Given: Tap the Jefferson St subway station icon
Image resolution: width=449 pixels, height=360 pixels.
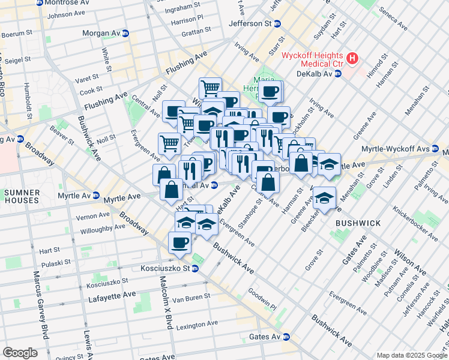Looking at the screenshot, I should click(x=277, y=24).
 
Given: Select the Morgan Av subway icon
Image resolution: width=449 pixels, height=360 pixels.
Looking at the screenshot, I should click(x=125, y=34).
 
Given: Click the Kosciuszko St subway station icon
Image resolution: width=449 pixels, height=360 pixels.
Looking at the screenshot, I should click(x=195, y=268).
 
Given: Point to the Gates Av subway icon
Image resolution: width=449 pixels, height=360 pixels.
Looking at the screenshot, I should click(x=286, y=337).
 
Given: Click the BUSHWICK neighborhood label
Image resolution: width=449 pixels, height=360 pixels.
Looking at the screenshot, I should click(x=358, y=223).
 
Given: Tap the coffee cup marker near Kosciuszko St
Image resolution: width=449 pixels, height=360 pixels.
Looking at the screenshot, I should click(x=179, y=243).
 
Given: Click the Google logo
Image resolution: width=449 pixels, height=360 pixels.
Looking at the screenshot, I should click(x=20, y=353).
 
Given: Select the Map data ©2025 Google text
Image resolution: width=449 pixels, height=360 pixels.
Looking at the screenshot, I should click(x=411, y=355).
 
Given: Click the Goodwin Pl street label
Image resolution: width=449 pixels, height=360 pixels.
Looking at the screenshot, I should click(x=262, y=298).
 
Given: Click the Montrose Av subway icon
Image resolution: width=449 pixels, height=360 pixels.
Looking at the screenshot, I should click(x=40, y=3).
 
